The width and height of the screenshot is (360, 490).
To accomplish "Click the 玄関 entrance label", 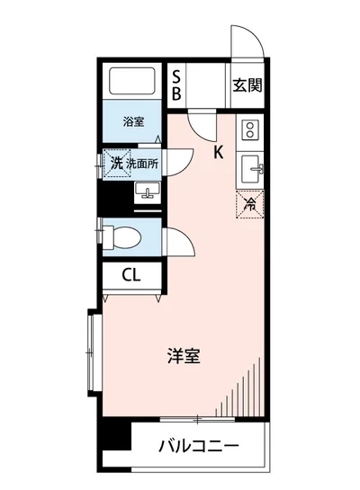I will (247, 86).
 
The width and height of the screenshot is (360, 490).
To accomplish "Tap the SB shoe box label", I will (176, 84).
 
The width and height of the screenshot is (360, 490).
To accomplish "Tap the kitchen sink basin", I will (251, 166).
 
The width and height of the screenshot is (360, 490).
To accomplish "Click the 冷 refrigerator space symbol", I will (251, 204).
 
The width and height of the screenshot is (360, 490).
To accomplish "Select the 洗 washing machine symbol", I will (115, 163).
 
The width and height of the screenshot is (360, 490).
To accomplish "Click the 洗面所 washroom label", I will (142, 163).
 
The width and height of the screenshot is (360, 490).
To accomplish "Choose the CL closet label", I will (131, 275).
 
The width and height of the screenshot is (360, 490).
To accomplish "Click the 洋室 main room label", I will (184, 356).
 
